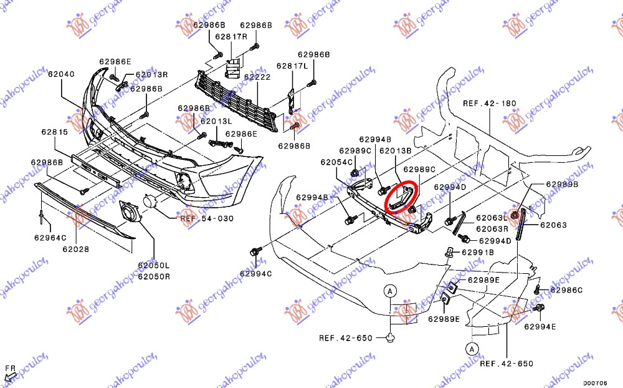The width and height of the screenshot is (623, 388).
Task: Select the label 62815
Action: click(x=55, y=132)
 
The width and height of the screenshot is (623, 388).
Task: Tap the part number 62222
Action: click(x=257, y=77)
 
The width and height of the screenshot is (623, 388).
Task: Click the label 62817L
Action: click(x=293, y=65)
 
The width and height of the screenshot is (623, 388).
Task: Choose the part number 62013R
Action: click(x=151, y=74)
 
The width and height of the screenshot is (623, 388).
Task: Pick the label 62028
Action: click(x=76, y=249)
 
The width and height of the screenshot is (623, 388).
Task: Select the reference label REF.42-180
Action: click(x=490, y=103)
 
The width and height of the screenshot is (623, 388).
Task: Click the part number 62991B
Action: click(x=477, y=252)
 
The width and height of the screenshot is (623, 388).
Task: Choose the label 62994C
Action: click(x=255, y=273)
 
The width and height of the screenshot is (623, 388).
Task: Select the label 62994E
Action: click(x=540, y=326)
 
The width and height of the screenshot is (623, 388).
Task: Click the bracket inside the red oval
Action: click(x=401, y=196)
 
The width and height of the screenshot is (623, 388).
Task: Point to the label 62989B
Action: click(x=563, y=185)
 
